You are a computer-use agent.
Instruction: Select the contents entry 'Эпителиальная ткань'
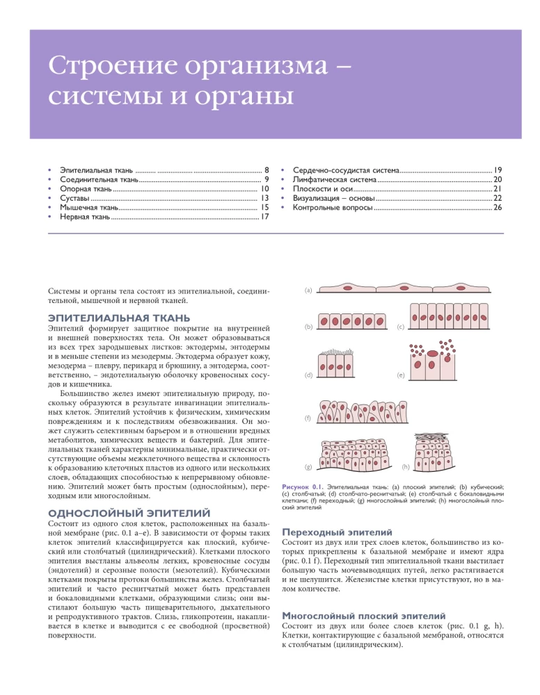tap(97, 169)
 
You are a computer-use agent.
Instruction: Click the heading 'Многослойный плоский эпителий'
tap(362, 615)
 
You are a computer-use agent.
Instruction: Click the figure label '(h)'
tap(406, 465)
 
